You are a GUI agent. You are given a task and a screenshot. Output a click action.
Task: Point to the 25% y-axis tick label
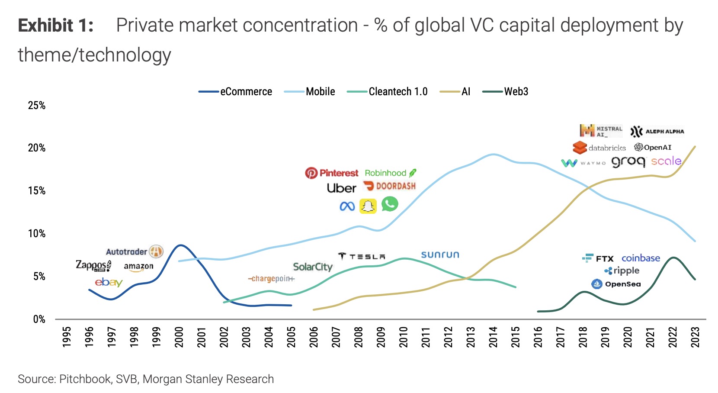click(37, 106)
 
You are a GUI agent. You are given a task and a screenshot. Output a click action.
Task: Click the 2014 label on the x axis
click(493, 337)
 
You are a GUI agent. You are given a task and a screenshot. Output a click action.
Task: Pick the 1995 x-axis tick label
click(67, 337)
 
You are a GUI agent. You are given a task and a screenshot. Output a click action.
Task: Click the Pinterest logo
click(332, 173)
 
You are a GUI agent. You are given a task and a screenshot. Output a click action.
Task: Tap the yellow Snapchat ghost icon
click(368, 206)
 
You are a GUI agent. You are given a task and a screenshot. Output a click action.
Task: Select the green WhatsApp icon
click(390, 204)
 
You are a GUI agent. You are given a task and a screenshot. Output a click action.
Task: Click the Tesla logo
click(362, 256)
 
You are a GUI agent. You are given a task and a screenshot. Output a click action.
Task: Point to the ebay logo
click(109, 282)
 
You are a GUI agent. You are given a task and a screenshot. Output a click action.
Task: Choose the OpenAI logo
click(653, 148)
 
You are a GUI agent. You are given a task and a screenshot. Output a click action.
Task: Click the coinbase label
click(641, 258)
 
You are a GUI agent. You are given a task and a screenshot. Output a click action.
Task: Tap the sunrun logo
click(440, 254)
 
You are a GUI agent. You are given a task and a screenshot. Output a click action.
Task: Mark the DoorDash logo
click(389, 186)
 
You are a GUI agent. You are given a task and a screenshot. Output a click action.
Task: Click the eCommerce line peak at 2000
click(180, 245)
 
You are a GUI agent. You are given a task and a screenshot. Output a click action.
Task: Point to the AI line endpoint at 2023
click(695, 147)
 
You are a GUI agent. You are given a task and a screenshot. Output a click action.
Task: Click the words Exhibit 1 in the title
click(56, 26)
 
